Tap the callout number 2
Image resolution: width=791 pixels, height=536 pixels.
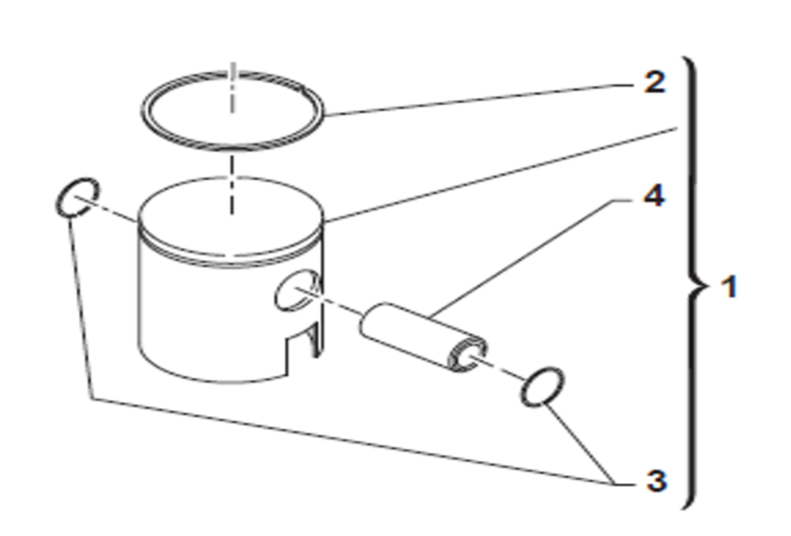[652, 82]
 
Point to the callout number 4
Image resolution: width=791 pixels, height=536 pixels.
[652, 197]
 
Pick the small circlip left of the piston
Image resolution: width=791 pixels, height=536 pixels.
[78, 199]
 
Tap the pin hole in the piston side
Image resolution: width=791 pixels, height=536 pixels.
[296, 289]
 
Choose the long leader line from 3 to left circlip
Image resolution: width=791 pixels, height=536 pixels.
[349, 439]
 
